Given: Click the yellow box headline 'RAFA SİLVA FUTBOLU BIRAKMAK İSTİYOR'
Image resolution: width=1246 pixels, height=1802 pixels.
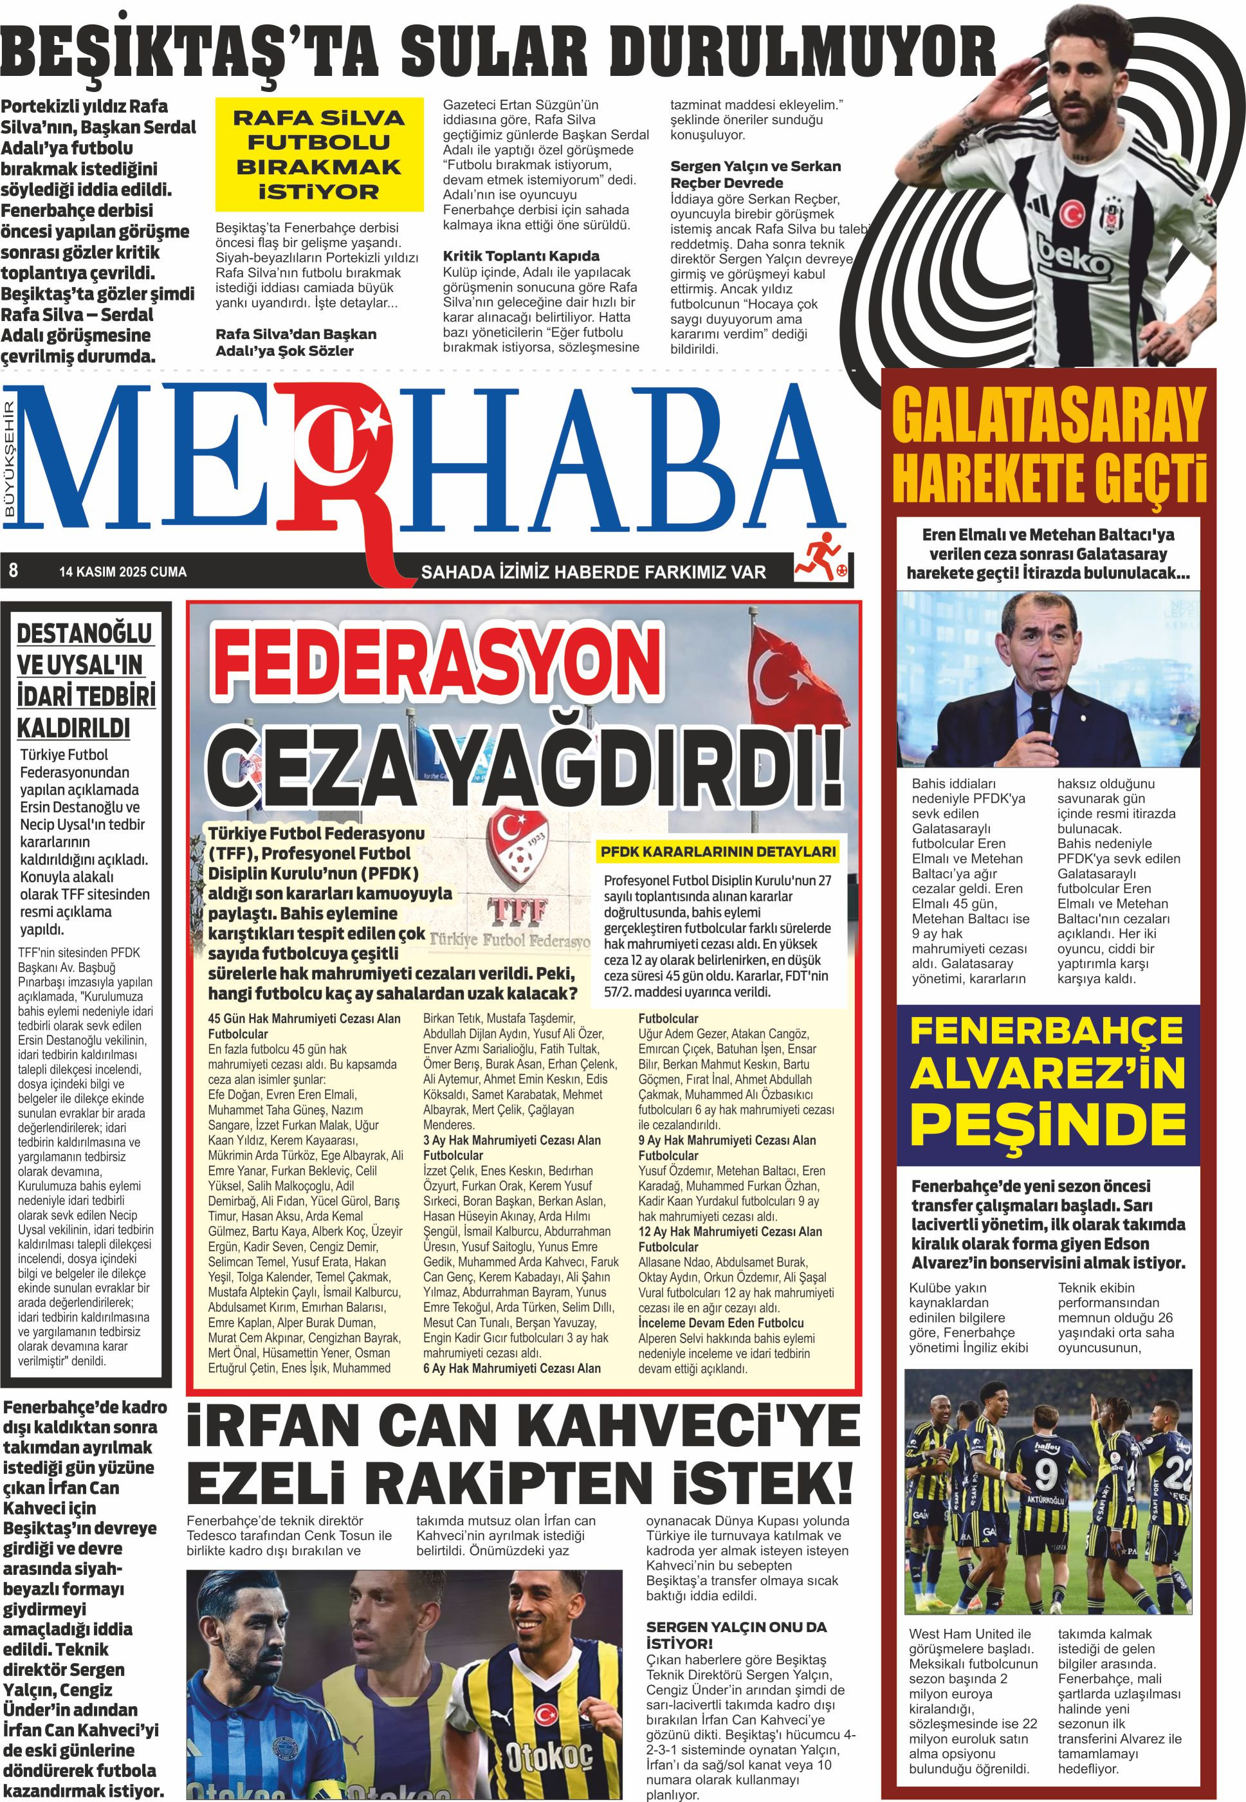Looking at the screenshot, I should [318, 154].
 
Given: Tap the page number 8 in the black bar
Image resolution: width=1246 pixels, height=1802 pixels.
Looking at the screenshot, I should [14, 571].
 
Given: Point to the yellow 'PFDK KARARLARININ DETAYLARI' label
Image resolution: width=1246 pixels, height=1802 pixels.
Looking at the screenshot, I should [717, 852].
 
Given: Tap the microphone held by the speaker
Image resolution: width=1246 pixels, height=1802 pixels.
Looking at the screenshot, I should [1041, 710].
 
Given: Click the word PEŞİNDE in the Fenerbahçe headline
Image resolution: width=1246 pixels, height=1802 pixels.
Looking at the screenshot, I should [1047, 1125].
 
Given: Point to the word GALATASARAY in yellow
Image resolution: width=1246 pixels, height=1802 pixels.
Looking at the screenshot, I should [1049, 417].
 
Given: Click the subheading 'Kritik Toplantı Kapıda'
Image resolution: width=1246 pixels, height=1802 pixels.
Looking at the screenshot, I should [521, 256].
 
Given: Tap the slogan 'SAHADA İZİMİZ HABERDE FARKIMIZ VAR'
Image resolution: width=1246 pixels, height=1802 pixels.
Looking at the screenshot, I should [593, 573].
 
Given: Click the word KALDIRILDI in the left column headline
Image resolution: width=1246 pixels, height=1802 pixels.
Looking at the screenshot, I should [73, 728].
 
